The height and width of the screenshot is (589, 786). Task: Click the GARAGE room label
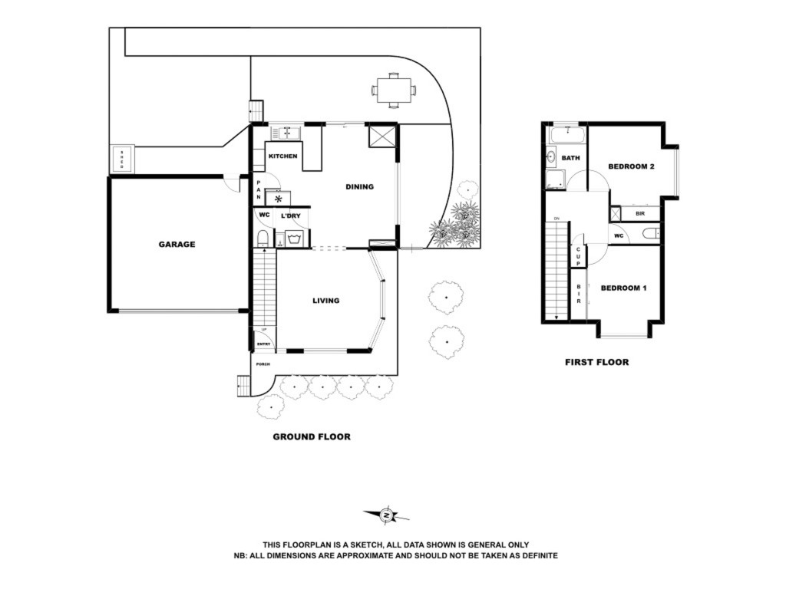pyautogui.click(x=177, y=245)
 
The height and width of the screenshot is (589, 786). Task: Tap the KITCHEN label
pyautogui.click(x=282, y=156)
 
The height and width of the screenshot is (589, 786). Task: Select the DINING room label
pyautogui.click(x=359, y=186)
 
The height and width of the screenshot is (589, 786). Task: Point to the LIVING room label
pyautogui.click(x=325, y=301)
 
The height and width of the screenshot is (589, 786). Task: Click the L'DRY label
pyautogui.click(x=290, y=216)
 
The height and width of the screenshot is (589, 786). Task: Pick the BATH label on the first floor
pyautogui.click(x=570, y=158)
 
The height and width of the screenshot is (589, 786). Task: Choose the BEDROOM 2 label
pyautogui.click(x=631, y=166)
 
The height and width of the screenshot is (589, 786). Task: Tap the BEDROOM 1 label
pyautogui.click(x=623, y=288)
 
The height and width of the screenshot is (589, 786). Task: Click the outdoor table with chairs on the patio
pyautogui.click(x=394, y=90)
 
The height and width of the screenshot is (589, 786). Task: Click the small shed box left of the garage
pyautogui.click(x=121, y=160)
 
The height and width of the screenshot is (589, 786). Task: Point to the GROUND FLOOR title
pyautogui.click(x=312, y=437)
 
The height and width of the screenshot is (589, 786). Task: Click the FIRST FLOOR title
pyautogui.click(x=596, y=362)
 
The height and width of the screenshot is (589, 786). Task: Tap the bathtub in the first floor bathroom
pyautogui.click(x=566, y=137)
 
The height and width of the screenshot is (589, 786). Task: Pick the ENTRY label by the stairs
pyautogui.click(x=263, y=344)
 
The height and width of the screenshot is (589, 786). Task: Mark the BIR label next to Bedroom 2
pyautogui.click(x=639, y=214)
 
